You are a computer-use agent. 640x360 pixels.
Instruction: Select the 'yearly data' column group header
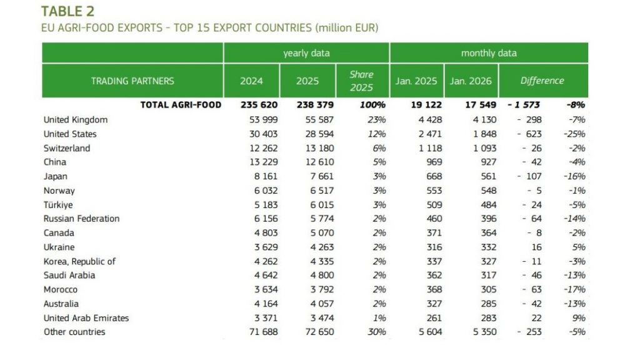pos(306,53)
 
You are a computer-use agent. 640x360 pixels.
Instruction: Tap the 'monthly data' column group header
pos(489,53)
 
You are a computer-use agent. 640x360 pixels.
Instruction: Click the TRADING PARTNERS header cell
pos(132,81)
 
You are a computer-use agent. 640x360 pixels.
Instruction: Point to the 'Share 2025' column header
pos(361,81)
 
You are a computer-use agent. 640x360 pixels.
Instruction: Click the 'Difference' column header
pos(542,81)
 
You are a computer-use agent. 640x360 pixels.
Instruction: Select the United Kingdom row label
pos(76,119)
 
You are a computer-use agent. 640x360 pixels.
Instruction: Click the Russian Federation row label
pos(81,219)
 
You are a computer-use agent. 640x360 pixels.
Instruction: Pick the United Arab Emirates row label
pos(86,318)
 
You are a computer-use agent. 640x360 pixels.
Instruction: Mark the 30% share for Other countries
pos(376,332)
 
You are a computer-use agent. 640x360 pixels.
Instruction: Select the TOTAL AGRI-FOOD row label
pos(181,105)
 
